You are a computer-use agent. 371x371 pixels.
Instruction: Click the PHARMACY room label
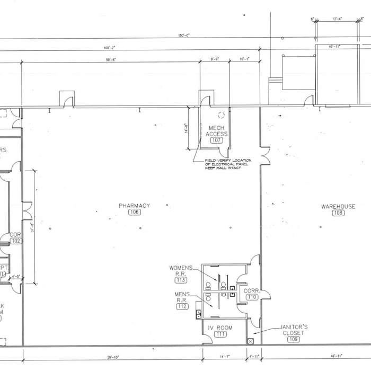point(135,206)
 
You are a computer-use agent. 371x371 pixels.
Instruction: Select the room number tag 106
point(135,213)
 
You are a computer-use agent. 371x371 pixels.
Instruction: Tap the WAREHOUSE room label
point(338,206)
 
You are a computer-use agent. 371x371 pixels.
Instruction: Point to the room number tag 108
point(338,213)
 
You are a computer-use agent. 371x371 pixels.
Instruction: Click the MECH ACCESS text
point(217,131)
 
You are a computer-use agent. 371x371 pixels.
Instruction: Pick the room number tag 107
point(216,140)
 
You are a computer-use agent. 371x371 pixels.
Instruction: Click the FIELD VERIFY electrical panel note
point(228,164)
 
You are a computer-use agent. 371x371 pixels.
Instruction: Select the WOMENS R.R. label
point(181,270)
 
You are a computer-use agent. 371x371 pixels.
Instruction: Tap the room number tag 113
point(181,280)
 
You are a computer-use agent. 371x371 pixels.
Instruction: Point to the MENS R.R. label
point(181,297)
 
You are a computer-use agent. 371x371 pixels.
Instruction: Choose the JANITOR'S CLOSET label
point(294,330)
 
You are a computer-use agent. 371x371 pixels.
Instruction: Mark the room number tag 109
point(294,339)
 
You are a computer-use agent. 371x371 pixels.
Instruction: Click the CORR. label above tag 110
point(251,290)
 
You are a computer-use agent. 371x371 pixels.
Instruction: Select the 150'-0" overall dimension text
point(184,36)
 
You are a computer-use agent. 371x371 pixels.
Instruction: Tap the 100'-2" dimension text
point(110,48)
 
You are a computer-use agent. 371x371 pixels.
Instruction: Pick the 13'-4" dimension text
point(337,19)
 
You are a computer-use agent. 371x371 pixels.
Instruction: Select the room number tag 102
point(15,241)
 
